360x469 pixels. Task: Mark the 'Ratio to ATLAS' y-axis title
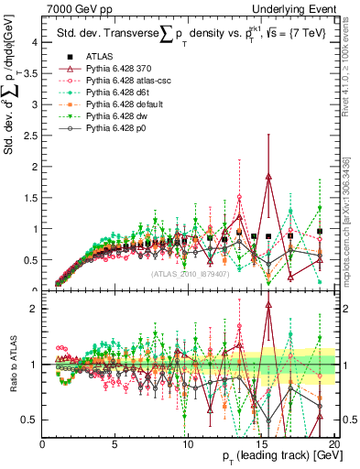[14, 366]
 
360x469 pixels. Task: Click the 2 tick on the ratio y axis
[34, 308]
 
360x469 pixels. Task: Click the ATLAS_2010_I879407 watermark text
[190, 272]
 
